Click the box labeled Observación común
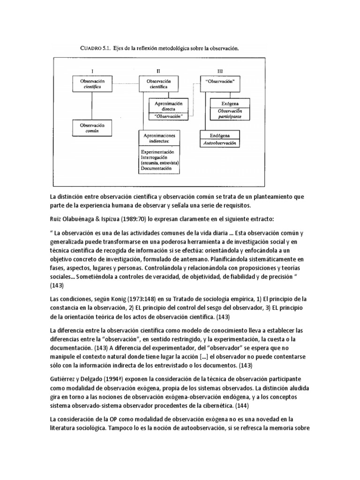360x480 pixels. pos(92,129)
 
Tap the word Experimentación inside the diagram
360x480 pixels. pos(160,152)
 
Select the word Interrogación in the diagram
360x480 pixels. pos(157,158)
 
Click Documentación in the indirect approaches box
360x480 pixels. pos(158,168)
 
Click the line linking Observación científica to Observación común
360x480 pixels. pos(92,105)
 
